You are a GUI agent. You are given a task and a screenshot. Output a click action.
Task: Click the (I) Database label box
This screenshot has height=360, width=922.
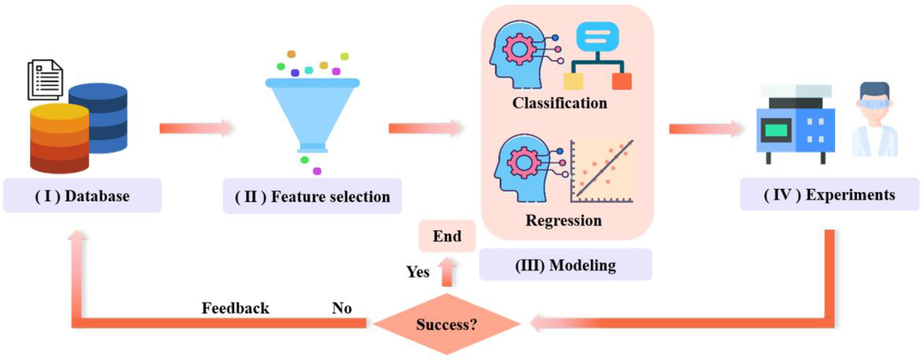(x=82, y=195)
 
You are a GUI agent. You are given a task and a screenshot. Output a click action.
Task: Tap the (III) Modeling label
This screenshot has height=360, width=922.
(x=565, y=265)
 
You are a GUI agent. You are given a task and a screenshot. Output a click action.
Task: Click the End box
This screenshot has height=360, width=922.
(x=447, y=236)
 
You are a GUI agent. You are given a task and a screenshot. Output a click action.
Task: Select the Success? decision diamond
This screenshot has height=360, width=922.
(x=447, y=324)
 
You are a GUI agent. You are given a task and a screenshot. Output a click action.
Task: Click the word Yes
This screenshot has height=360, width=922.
(x=418, y=272)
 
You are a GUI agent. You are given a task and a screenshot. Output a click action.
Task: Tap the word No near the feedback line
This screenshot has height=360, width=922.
(x=342, y=308)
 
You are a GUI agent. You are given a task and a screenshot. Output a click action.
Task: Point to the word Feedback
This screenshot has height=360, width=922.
(x=236, y=308)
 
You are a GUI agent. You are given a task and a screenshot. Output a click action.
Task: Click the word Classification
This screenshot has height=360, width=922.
(x=560, y=103)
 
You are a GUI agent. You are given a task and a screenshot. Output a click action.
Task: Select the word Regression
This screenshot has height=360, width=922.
(x=564, y=220)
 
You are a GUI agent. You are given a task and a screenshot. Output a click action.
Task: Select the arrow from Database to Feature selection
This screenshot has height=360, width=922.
(x=196, y=128)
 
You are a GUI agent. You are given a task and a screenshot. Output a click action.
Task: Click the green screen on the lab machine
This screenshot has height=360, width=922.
(x=776, y=130)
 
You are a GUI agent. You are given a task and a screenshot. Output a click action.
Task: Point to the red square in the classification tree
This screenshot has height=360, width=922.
(x=622, y=81)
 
